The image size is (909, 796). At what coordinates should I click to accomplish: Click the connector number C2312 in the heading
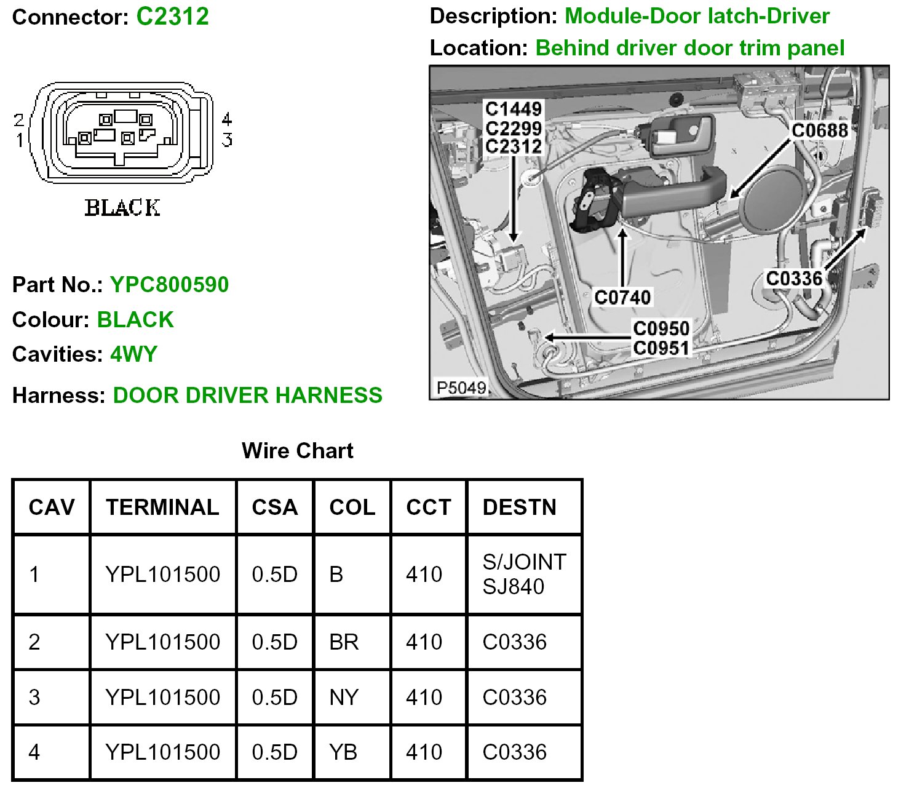click(x=172, y=17)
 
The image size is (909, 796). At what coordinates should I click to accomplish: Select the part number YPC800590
click(x=169, y=285)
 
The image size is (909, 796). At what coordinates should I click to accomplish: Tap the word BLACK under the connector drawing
click(x=122, y=208)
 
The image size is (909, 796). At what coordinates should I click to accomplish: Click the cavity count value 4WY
click(x=133, y=354)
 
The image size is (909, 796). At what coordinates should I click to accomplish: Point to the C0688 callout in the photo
click(x=819, y=130)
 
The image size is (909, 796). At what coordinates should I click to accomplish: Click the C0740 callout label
click(x=622, y=298)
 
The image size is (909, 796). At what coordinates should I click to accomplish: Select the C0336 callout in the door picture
click(x=794, y=279)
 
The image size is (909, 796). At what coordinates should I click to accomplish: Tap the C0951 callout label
click(x=661, y=348)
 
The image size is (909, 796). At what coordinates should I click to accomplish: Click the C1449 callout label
click(x=514, y=109)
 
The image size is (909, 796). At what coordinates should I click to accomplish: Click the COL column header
click(x=352, y=507)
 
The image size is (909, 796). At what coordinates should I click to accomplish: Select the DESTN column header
click(x=519, y=507)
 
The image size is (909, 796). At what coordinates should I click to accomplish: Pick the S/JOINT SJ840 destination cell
click(x=524, y=574)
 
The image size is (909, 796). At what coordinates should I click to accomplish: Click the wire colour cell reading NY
click(x=343, y=698)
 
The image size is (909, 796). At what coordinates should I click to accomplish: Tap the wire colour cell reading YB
click(x=343, y=752)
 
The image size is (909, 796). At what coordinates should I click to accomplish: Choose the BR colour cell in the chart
click(x=344, y=642)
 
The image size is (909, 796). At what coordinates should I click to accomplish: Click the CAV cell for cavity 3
click(x=34, y=698)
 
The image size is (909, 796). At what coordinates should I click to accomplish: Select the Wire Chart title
click(x=298, y=451)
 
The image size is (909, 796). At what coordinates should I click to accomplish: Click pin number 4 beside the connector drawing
click(x=227, y=119)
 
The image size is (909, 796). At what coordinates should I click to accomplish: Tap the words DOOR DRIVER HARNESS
click(x=247, y=395)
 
